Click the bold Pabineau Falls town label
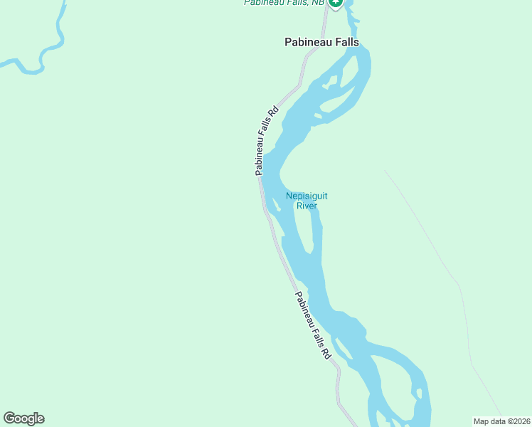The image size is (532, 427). [x=322, y=43]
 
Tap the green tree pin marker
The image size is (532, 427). [x=336, y=3]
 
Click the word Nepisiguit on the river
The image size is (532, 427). [x=307, y=196]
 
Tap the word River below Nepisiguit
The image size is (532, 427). [x=307, y=206]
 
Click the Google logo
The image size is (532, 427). [x=23, y=418]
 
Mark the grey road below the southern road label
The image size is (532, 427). [x=339, y=388]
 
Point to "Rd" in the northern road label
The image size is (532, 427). [x=272, y=112]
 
